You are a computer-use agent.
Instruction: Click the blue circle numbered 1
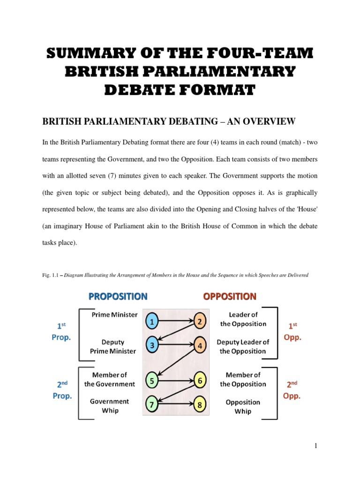tap(152, 321)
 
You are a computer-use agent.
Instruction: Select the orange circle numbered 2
tap(200, 321)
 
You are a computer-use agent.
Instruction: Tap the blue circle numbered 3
tap(152, 346)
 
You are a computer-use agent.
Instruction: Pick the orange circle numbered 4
tap(200, 346)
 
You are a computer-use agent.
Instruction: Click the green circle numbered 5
tap(152, 381)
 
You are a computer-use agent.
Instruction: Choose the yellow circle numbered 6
tap(200, 381)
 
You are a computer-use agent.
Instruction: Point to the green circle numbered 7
tap(152, 403)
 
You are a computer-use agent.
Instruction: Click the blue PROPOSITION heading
tap(118, 296)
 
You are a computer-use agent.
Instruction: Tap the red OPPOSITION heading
tap(229, 296)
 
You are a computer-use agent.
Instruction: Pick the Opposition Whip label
tap(243, 406)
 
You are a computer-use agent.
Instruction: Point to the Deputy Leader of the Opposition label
tap(243, 346)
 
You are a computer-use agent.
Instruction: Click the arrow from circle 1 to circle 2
tap(176, 321)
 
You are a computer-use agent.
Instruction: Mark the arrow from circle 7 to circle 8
tap(176, 403)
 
